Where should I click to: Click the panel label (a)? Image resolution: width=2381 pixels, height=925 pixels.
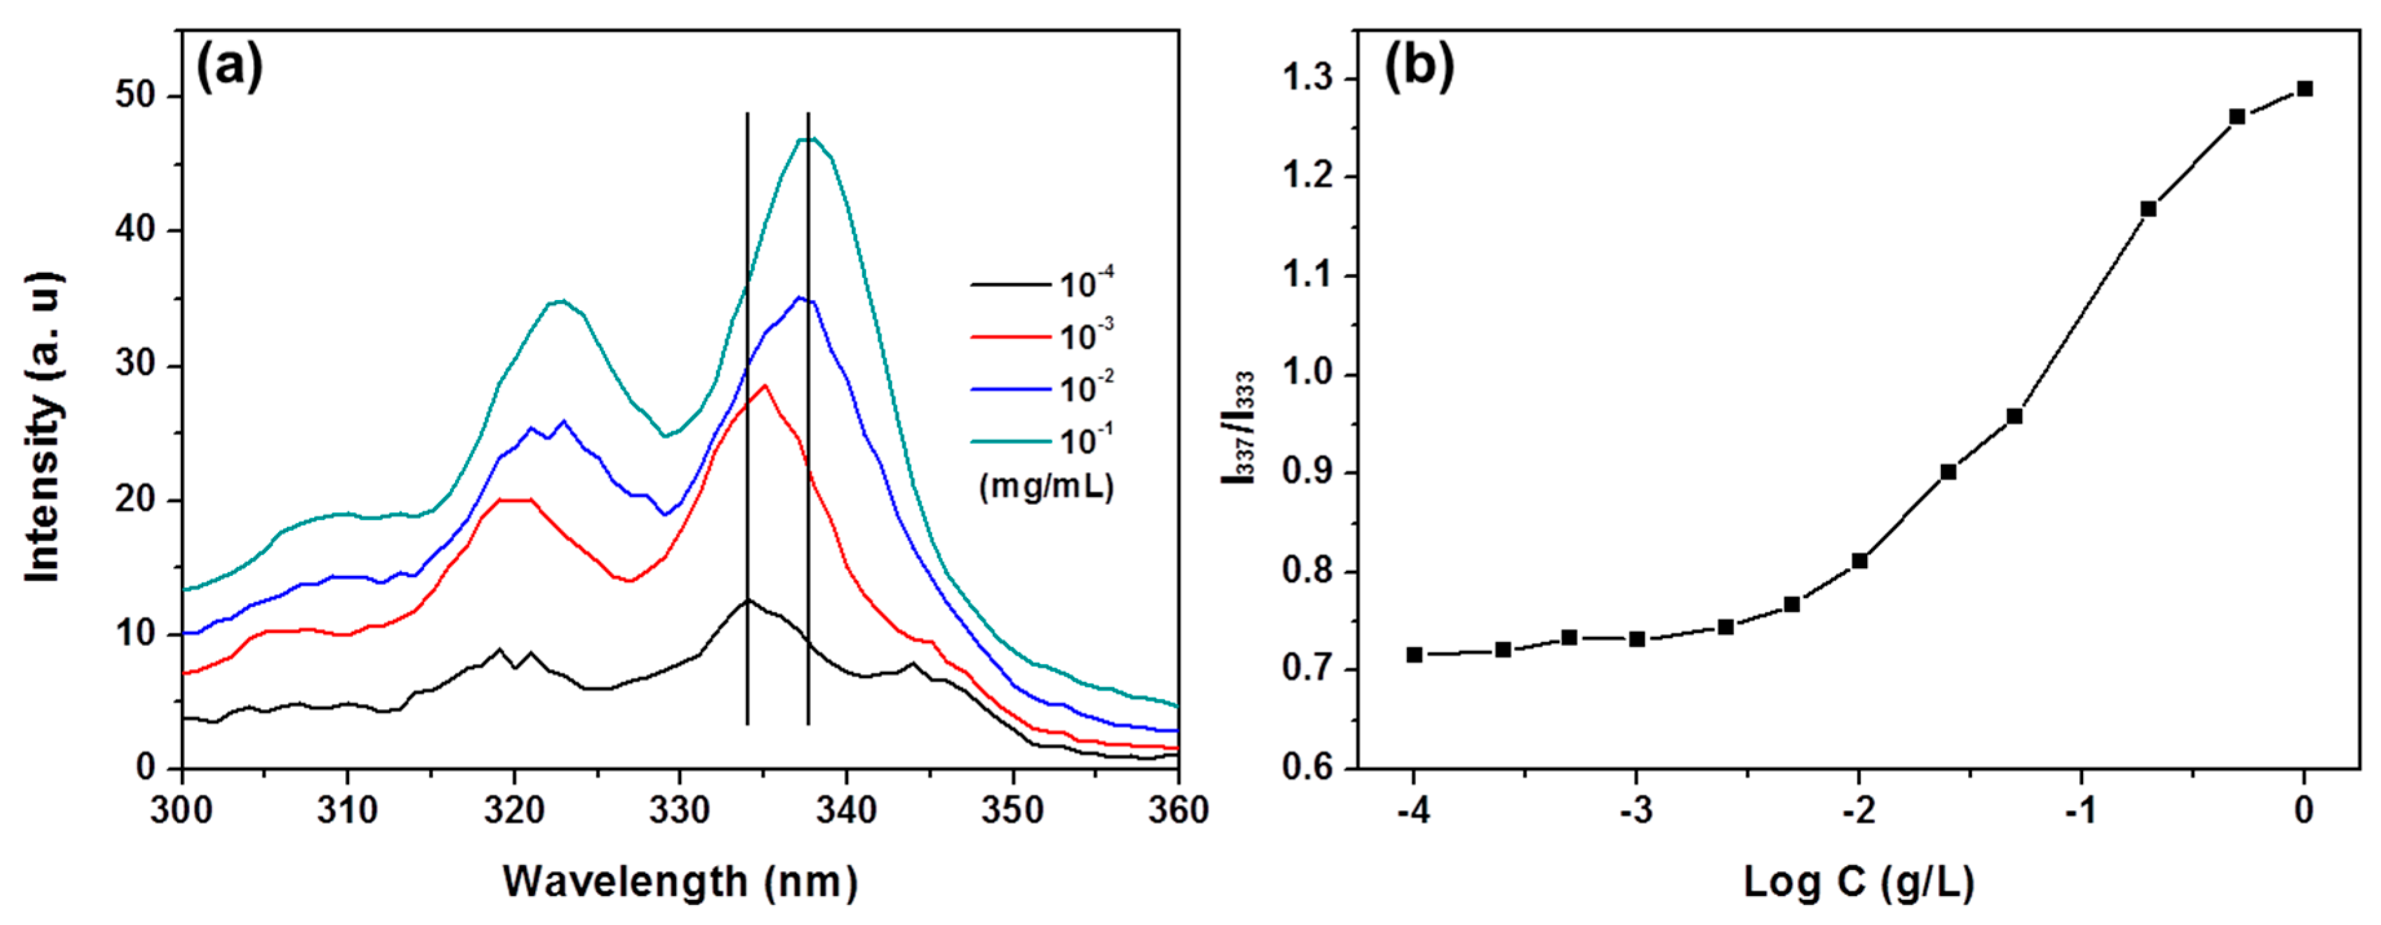229,67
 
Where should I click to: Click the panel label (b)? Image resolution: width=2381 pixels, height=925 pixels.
1418,67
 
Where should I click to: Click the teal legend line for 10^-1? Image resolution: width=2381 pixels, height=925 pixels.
1010,441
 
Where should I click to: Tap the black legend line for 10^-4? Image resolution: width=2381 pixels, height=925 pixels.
1010,284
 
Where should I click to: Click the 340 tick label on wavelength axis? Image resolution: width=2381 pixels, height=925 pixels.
846,811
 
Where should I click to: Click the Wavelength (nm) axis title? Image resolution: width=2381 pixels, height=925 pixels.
681,882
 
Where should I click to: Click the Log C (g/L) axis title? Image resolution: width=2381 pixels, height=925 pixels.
1859,882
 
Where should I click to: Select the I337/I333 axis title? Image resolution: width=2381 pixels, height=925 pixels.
1238,427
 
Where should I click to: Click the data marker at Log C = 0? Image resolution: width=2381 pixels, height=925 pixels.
2304,89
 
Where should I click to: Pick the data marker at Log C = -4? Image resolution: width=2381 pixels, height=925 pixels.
1414,654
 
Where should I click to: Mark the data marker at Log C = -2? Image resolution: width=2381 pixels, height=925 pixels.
1859,561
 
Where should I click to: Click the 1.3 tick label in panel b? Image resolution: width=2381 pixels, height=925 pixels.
1308,80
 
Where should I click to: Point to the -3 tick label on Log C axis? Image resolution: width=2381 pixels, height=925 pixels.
1636,811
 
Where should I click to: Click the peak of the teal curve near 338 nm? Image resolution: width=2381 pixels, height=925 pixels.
809,138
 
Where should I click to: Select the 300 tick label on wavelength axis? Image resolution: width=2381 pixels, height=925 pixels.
183,811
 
